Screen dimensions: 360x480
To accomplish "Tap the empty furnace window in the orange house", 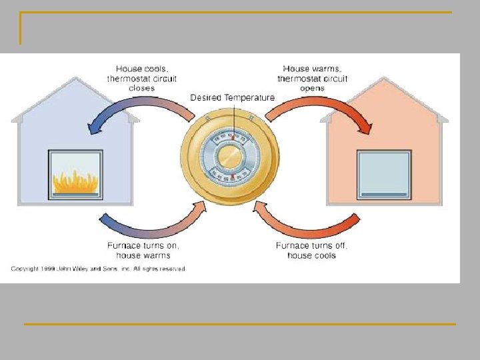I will (x=383, y=173).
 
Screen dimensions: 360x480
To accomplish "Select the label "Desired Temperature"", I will (x=232, y=98).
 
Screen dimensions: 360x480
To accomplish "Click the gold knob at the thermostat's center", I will (x=230, y=157).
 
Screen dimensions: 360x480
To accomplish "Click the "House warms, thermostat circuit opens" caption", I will (x=312, y=78).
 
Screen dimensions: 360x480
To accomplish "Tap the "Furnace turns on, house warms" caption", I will (x=143, y=250).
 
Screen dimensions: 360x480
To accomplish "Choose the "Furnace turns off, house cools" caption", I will (x=311, y=250).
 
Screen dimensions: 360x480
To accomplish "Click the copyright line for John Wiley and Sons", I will (x=98, y=269).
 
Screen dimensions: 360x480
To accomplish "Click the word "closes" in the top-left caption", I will (x=143, y=88).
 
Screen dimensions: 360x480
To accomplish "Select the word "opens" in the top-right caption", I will (x=312, y=88).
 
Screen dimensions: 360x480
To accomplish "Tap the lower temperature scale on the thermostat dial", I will (x=230, y=178).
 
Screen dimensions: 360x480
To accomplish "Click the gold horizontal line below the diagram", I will (x=240, y=324).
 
